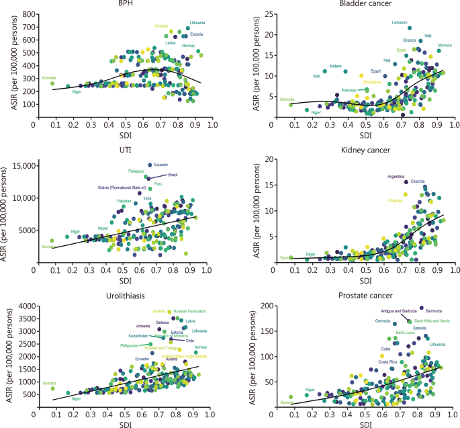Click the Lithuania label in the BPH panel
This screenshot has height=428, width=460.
pos(198,22)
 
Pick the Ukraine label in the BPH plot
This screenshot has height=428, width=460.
pos(161,26)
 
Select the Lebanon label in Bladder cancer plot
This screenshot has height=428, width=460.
pos(400,23)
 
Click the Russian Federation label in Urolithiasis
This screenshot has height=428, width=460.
pos(189,311)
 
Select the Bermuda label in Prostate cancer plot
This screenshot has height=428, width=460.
pos(434,311)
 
